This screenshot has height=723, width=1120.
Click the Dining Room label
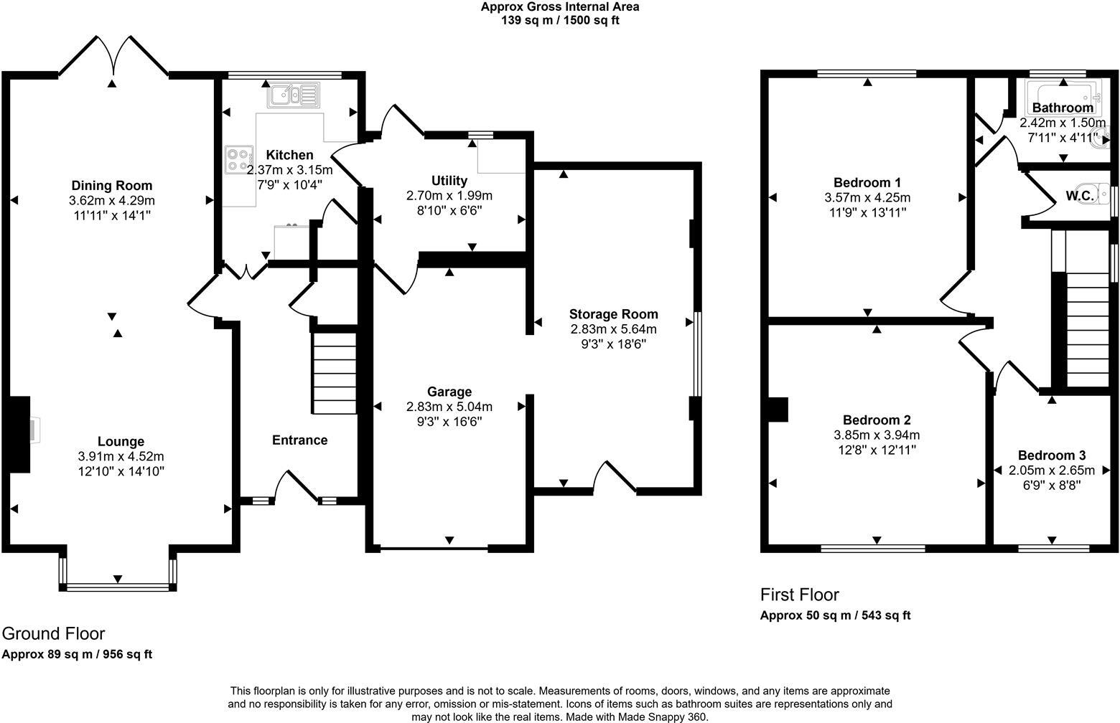click(x=111, y=186)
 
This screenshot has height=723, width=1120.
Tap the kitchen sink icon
click(x=294, y=95)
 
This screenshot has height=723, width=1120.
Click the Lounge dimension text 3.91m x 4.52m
click(x=121, y=456)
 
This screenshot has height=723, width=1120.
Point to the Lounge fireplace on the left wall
click(x=20, y=434)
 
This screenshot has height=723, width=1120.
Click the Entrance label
click(x=299, y=440)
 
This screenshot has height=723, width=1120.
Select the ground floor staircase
click(x=335, y=373)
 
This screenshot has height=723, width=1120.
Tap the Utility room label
click(x=449, y=181)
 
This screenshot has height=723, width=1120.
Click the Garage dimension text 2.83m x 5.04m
click(x=449, y=407)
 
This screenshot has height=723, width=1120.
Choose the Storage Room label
click(x=613, y=314)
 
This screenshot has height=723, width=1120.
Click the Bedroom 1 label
click(x=867, y=182)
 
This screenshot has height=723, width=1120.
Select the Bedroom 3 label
click(x=1052, y=455)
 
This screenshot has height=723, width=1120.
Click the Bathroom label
click(x=1063, y=108)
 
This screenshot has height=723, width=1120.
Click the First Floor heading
click(x=799, y=595)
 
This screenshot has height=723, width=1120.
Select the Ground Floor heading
click(x=53, y=633)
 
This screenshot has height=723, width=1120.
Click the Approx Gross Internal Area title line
click(x=559, y=7)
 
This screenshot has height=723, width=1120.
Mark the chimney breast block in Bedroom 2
click(x=778, y=410)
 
